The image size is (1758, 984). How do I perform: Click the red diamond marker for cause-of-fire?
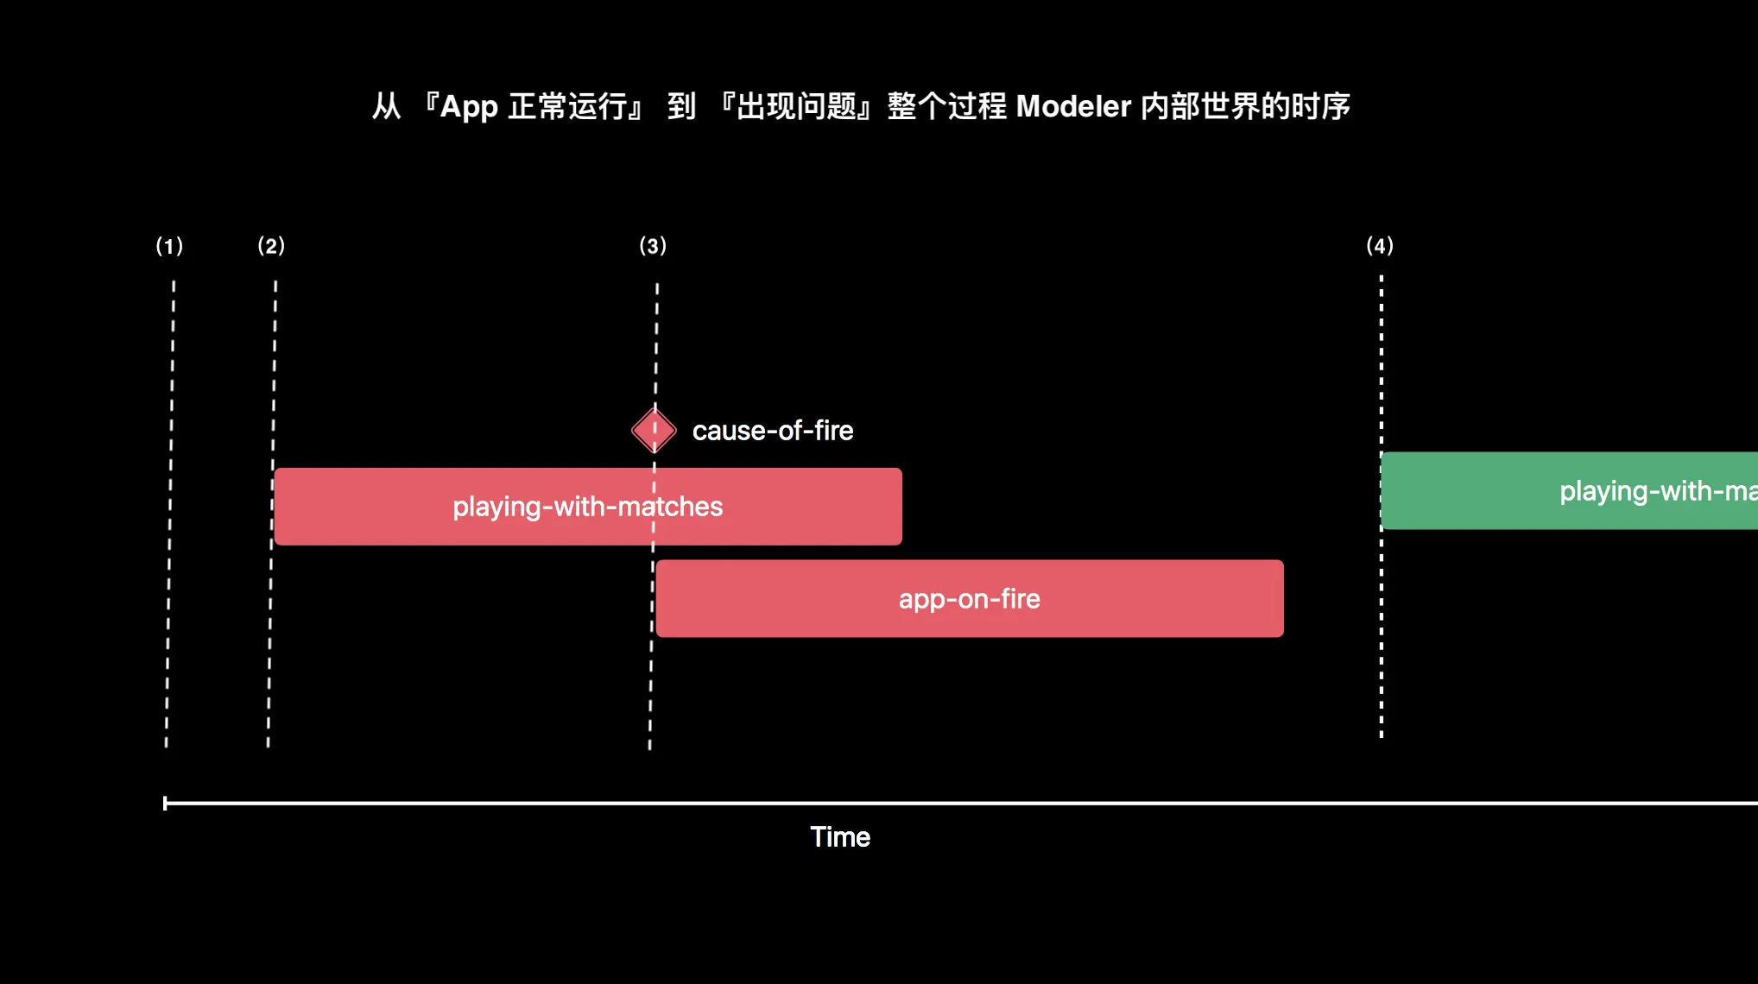654,430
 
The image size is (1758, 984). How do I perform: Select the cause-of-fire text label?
772,430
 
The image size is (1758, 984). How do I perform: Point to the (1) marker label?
169,246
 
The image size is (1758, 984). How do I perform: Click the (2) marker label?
271,246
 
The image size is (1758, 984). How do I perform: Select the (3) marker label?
653,246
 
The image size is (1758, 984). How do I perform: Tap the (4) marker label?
1380,246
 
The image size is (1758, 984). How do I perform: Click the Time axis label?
839,836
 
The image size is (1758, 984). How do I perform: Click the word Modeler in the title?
1073,106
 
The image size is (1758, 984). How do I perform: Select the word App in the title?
469,107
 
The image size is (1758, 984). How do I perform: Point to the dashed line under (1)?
170,518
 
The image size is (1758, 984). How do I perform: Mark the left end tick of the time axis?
165,803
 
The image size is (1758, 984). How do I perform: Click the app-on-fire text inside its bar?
969,599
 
